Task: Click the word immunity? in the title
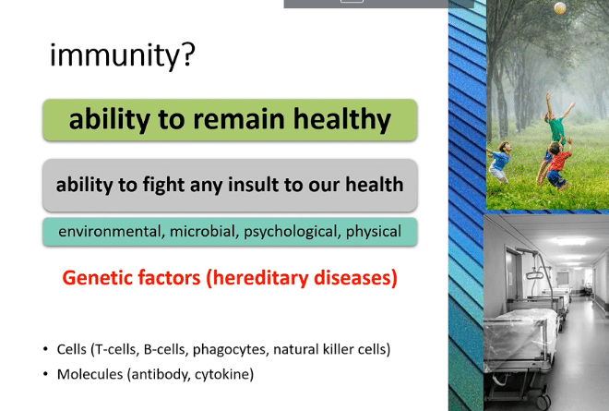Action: click(x=123, y=55)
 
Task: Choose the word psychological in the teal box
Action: click(x=293, y=232)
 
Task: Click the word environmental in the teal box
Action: click(x=110, y=232)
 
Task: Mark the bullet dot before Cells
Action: click(x=46, y=349)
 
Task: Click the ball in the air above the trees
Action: click(x=560, y=8)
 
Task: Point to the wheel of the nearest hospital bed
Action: click(x=543, y=401)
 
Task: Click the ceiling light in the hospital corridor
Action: click(x=571, y=242)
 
